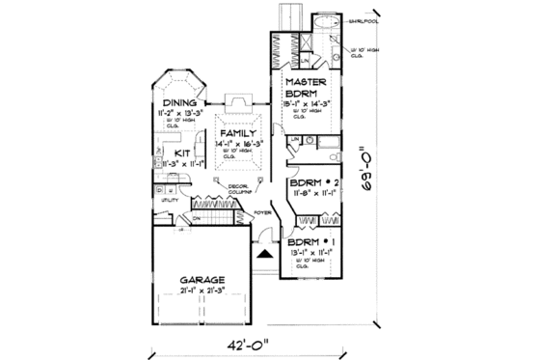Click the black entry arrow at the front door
[x=263, y=253]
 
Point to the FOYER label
[x=260, y=210]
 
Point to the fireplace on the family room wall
[x=237, y=102]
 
